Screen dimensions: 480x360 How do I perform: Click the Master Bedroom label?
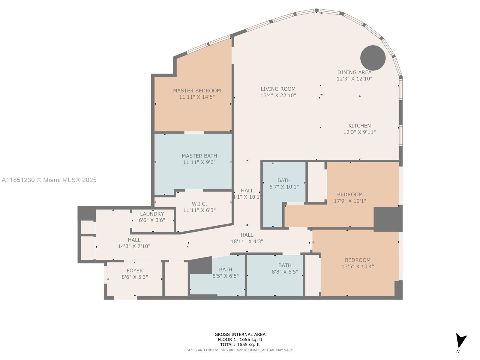(x=197, y=91)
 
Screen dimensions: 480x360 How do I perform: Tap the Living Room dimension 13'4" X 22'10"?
(x=278, y=95)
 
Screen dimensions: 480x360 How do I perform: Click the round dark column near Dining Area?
(x=373, y=58)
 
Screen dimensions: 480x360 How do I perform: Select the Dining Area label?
(x=354, y=72)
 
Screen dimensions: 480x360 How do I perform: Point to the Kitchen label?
(x=359, y=126)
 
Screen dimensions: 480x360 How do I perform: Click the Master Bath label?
(x=199, y=156)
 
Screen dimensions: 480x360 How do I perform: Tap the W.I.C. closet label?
(x=199, y=204)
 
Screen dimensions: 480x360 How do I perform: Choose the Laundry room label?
(x=152, y=214)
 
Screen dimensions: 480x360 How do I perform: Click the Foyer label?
(x=134, y=271)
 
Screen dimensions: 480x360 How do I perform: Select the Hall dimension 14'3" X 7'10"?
(x=134, y=246)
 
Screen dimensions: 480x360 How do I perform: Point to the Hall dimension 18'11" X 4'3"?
(x=247, y=241)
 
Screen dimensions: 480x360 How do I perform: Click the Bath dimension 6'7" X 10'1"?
(x=284, y=187)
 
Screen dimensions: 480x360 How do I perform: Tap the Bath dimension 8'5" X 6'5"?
(x=226, y=276)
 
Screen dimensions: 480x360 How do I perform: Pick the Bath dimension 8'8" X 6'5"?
(x=285, y=272)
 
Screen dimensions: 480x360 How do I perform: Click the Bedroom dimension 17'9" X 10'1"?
(x=350, y=201)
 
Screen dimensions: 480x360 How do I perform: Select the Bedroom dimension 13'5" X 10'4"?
(x=358, y=266)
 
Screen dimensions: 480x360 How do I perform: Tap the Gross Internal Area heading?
(x=240, y=334)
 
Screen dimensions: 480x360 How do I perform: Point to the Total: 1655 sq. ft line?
(x=240, y=345)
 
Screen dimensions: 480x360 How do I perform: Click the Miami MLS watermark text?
(x=49, y=180)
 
